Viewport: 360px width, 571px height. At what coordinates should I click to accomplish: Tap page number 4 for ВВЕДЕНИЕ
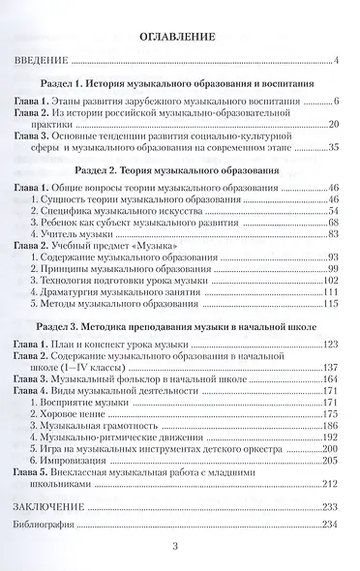tap(332, 64)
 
